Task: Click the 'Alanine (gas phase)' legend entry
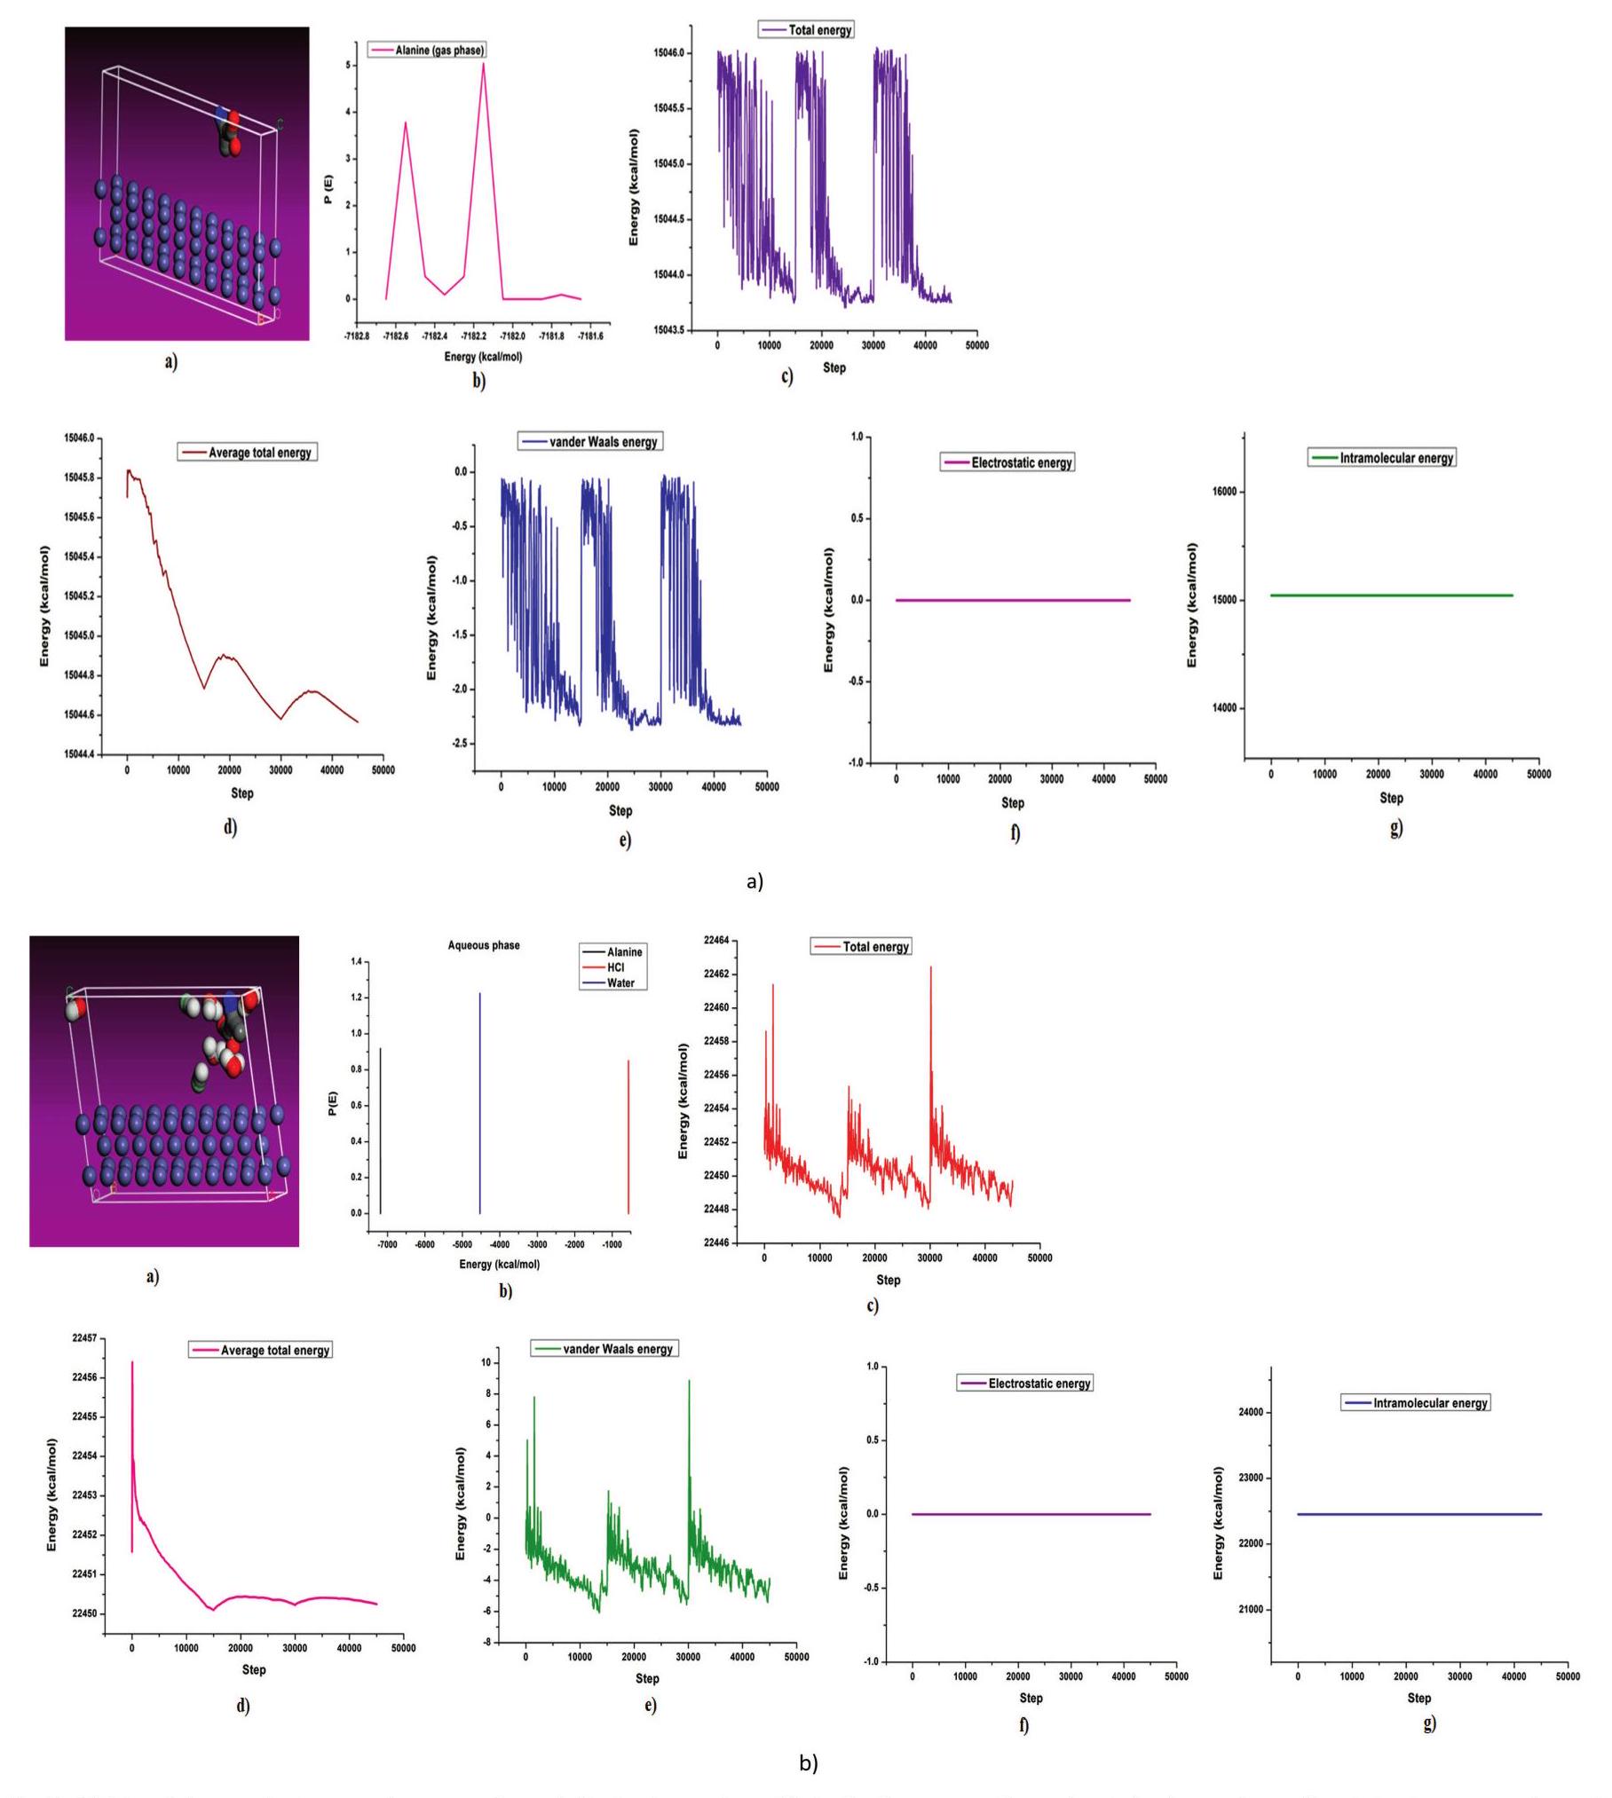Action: [427, 51]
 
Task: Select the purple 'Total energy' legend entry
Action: [806, 30]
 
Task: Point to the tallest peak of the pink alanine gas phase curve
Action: [484, 63]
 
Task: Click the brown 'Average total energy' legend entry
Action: [248, 453]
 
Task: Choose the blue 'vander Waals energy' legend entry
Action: [590, 442]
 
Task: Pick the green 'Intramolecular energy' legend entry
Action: [1381, 458]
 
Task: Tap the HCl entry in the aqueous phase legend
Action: [615, 967]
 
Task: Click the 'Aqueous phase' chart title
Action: [484, 945]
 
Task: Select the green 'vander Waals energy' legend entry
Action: [604, 1349]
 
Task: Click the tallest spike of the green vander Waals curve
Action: [689, 1381]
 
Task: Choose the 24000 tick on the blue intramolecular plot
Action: [1248, 1412]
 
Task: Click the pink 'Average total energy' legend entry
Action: [261, 1350]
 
